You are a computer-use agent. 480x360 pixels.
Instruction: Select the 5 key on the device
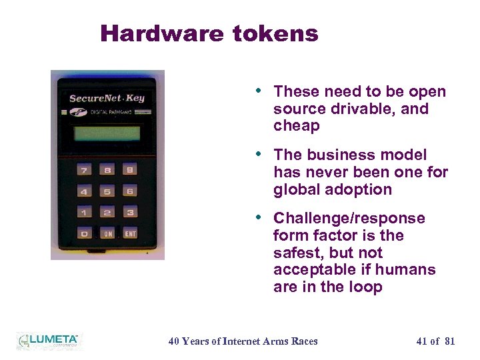pyautogui.click(x=107, y=192)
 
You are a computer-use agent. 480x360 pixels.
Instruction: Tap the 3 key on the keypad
pyautogui.click(x=130, y=213)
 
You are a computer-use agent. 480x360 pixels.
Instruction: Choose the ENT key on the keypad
pyautogui.click(x=130, y=233)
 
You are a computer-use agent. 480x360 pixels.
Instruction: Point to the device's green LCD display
pyautogui.click(x=107, y=133)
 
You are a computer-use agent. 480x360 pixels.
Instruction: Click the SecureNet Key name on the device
pyautogui.click(x=107, y=98)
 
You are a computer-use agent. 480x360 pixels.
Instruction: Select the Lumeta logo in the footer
pyautogui.click(x=48, y=341)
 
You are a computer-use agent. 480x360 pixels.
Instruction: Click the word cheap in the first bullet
pyautogui.click(x=297, y=126)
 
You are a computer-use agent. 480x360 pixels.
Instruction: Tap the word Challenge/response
pyautogui.click(x=349, y=219)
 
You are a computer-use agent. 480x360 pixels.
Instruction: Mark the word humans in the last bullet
pyautogui.click(x=410, y=270)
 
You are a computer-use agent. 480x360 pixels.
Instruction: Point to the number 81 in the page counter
pyautogui.click(x=449, y=341)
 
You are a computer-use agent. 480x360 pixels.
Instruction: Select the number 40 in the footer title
pyautogui.click(x=175, y=341)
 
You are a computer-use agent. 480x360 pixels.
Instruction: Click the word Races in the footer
pyautogui.click(x=305, y=341)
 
